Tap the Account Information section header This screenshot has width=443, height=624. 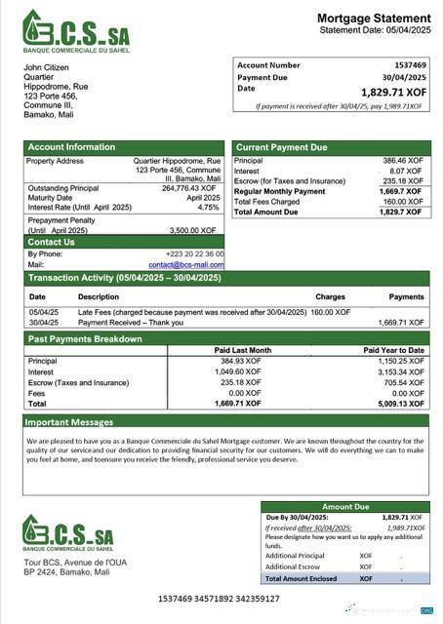(70, 147)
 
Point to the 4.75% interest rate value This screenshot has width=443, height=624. (208, 207)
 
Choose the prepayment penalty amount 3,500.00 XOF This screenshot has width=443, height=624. (197, 230)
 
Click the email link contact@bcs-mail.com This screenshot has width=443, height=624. (185, 264)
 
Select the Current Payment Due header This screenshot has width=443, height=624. (283, 147)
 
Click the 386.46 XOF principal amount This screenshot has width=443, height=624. (402, 160)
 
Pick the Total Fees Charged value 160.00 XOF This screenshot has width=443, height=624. (403, 202)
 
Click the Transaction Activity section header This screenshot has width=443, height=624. (124, 279)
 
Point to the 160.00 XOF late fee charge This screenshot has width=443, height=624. (330, 312)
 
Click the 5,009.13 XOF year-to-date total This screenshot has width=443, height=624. (401, 403)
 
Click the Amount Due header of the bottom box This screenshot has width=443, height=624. (344, 507)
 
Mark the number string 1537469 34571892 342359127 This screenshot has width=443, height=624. (219, 599)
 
